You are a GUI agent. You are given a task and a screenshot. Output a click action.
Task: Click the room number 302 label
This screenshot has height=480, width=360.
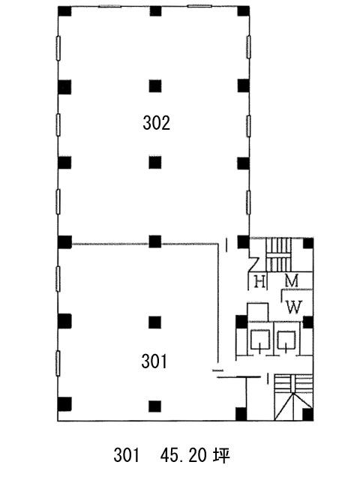pos(156,124)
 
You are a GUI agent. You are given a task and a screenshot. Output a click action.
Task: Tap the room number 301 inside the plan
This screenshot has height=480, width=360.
pos(154,361)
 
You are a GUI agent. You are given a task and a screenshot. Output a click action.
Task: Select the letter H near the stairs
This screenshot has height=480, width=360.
pos(260,282)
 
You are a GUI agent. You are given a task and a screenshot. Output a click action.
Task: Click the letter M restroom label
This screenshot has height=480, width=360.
pos(291,280)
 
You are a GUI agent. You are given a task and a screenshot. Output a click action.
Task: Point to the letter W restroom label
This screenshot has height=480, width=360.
pos(294,307)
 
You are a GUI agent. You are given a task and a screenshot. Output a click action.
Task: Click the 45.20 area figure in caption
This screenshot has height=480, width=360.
pos(183,455)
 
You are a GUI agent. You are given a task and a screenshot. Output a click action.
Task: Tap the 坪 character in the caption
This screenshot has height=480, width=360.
pos(222,455)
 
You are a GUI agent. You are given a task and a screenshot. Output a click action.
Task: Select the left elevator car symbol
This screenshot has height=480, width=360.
pos(260,340)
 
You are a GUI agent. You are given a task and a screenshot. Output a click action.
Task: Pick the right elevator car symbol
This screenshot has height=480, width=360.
pos(286,340)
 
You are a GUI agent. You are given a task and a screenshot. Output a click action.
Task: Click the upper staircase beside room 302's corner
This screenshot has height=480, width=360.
pos(278,255)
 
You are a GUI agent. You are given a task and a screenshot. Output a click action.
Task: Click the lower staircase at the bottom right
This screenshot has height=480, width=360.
pos(293,397)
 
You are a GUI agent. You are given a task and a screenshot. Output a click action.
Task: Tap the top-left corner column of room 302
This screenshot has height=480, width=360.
pos(64,11)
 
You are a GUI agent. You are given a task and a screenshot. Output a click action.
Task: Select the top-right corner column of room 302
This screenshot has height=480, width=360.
pos(244,11)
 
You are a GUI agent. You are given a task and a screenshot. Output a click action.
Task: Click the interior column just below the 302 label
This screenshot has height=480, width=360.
pos(155,163)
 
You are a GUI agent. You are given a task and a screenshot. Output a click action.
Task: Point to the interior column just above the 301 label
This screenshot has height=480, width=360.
pos(155,322)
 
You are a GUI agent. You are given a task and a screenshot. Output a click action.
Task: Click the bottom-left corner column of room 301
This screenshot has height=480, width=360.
pos(64,404)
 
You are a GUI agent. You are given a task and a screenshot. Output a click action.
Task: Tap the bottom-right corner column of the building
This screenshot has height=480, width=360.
pos(307,414)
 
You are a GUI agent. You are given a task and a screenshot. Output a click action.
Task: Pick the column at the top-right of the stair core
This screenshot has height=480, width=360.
pos(308,243)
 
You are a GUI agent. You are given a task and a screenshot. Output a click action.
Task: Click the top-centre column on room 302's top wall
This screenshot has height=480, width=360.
pos(155,11)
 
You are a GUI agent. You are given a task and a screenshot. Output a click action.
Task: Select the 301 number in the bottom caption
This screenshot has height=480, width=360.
pos(127,455)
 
